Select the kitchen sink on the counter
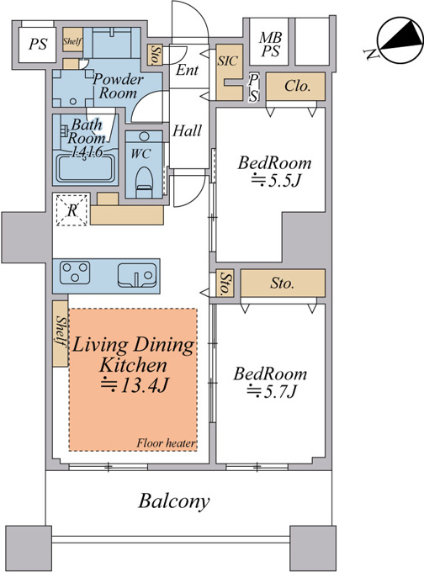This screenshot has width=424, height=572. click(137, 275)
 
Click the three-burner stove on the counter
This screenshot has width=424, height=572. click(75, 273)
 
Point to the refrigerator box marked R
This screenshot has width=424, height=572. click(72, 209)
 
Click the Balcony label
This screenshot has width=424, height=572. click(174, 501)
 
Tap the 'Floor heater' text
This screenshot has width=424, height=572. click(166, 443)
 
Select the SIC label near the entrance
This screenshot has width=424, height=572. click(228, 61)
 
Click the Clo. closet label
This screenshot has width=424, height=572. click(297, 86)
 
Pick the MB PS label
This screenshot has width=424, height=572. click(270, 45)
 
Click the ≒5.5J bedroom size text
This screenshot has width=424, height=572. click(275, 181)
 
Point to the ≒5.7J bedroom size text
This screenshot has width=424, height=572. click(272, 392)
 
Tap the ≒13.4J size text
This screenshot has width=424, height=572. click(134, 385)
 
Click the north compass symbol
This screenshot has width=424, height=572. click(396, 40)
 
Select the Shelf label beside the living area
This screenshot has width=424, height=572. click(61, 331)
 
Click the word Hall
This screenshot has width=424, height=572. click(187, 130)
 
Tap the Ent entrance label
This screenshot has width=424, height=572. click(188, 70)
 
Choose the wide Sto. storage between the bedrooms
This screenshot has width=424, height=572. click(283, 283)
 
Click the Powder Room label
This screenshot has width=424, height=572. click(118, 86)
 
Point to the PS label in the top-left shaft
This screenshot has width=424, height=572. click(38, 45)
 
